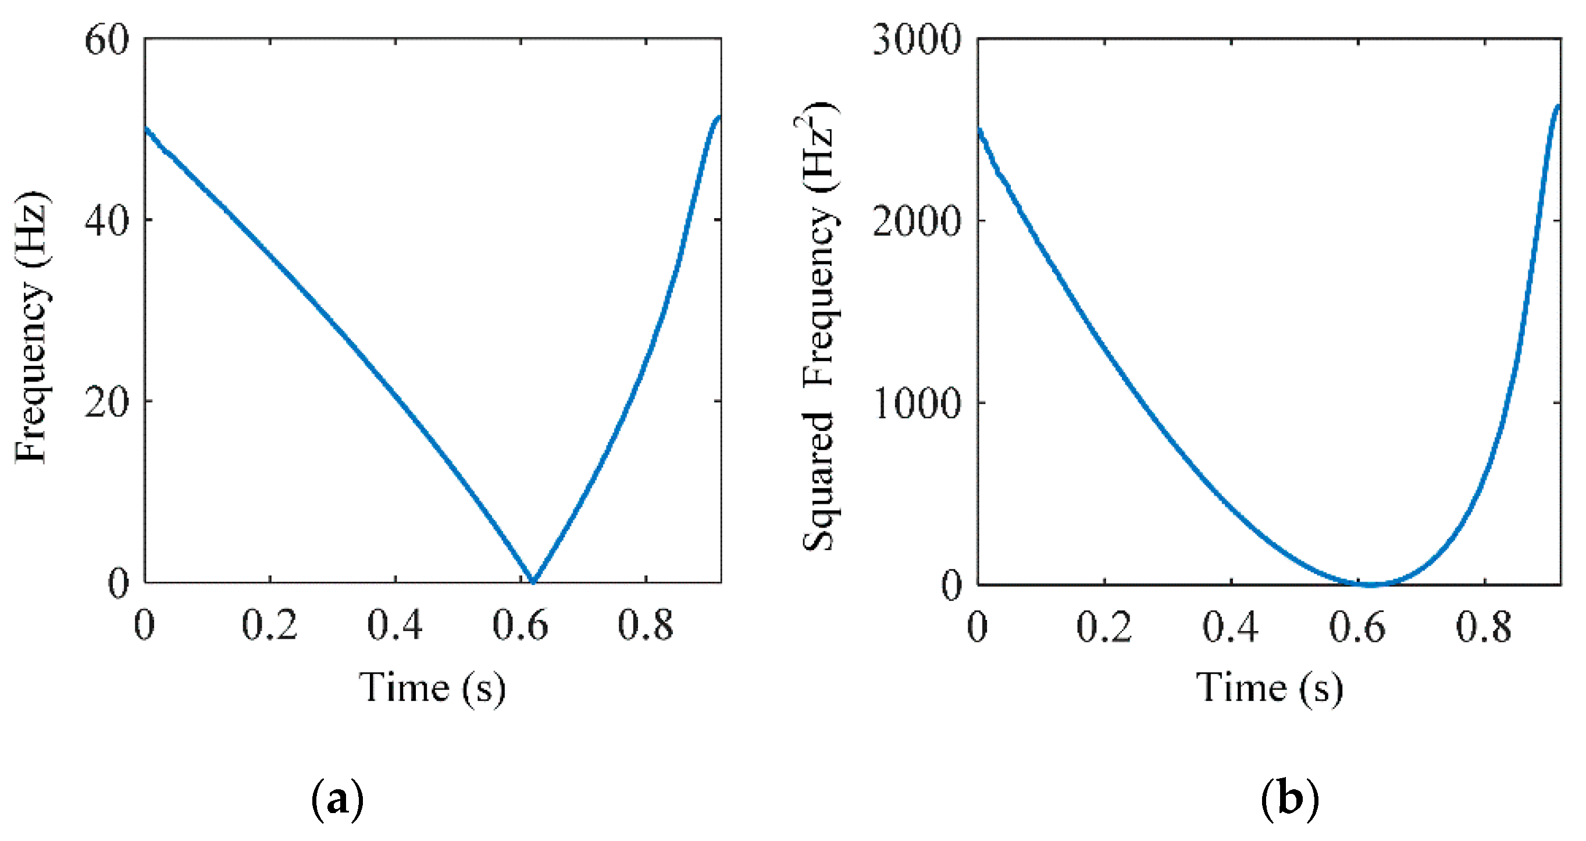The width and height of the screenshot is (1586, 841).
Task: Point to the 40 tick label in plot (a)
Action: click(x=106, y=220)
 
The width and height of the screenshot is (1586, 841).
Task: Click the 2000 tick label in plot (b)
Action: click(x=917, y=220)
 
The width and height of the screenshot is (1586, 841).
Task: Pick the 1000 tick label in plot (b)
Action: click(x=917, y=403)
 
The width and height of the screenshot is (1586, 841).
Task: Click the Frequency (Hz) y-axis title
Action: click(x=32, y=326)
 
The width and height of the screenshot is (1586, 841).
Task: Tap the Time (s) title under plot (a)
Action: click(x=432, y=687)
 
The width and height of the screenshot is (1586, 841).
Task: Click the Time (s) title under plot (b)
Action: click(x=1269, y=687)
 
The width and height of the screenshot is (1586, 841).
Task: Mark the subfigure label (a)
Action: click(x=337, y=799)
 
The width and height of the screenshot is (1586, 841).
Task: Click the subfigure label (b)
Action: click(x=1290, y=799)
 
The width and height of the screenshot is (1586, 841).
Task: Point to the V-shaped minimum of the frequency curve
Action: click(x=533, y=580)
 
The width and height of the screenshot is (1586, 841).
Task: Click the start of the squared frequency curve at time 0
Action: click(x=979, y=129)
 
